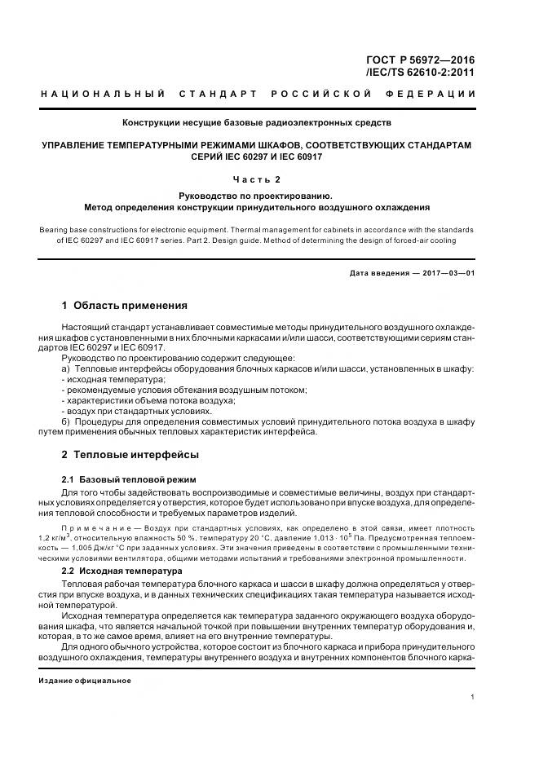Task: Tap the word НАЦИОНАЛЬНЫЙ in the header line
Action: click(x=104, y=95)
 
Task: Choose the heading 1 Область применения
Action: click(x=125, y=306)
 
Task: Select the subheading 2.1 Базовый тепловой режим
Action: click(x=129, y=478)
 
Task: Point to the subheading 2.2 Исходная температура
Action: click(x=122, y=571)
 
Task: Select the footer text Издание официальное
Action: click(x=85, y=680)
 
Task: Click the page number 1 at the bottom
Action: click(x=473, y=697)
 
